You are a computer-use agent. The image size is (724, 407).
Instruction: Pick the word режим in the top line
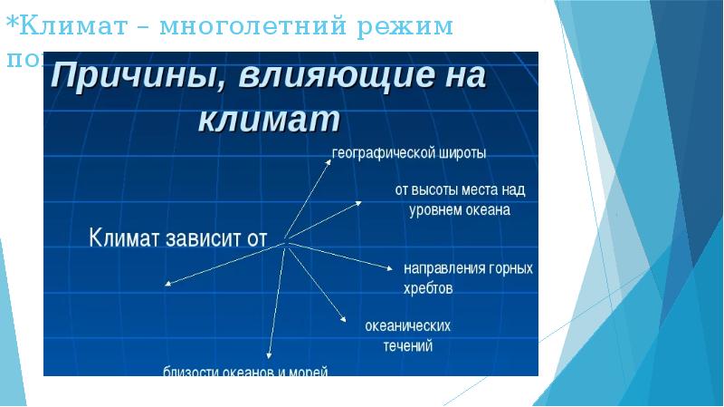point(402,25)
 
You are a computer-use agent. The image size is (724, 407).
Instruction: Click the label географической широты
point(409,153)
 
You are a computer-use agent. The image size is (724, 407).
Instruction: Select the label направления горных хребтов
point(467,278)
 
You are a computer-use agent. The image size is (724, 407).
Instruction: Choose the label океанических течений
point(407,334)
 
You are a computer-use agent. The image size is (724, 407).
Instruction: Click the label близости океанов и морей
point(245,371)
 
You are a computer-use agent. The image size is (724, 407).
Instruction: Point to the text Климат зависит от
point(179,239)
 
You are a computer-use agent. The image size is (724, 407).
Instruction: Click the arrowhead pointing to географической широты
point(329,160)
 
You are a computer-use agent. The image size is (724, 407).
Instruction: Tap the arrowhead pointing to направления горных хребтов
point(391,268)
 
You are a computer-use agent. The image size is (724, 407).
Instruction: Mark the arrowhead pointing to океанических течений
point(344,319)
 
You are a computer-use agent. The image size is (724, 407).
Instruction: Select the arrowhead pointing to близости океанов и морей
point(270,356)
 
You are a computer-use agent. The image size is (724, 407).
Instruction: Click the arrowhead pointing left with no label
point(167,285)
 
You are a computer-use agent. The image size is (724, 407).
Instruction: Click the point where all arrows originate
point(286,241)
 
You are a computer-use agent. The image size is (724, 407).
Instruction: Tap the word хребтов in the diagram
point(428,288)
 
